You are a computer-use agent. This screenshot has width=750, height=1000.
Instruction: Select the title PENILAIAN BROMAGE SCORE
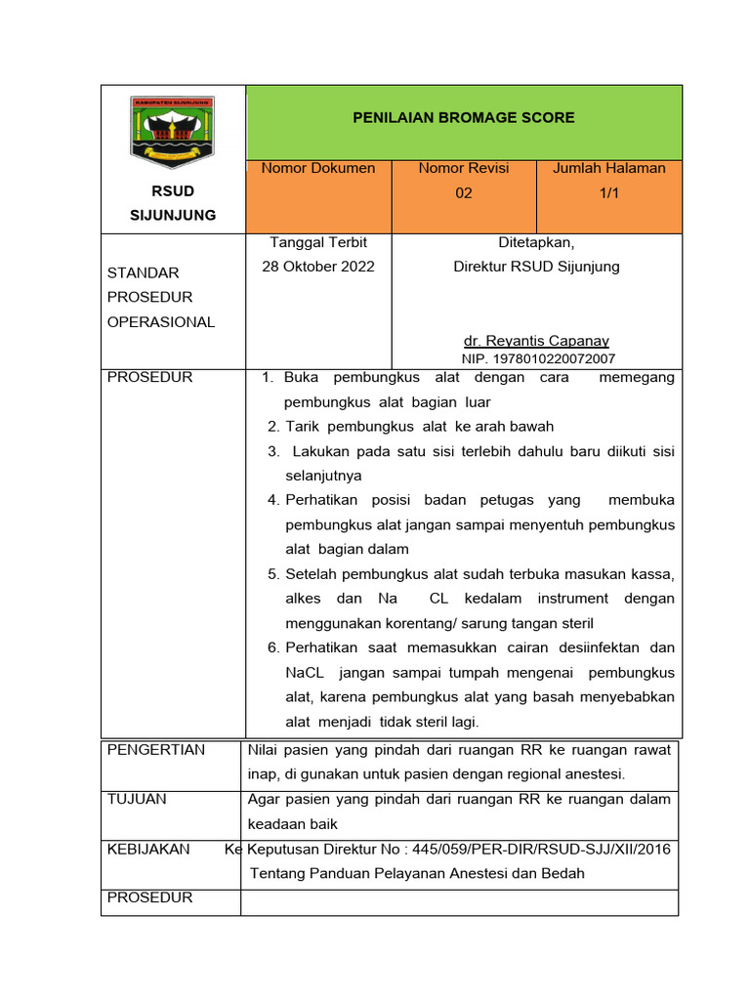pyautogui.click(x=463, y=118)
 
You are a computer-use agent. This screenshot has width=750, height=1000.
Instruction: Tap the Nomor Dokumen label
pyautogui.click(x=317, y=168)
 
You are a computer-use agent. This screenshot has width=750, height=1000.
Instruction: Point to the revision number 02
pyautogui.click(x=464, y=193)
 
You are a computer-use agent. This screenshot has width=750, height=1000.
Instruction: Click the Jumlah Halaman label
pyautogui.click(x=609, y=168)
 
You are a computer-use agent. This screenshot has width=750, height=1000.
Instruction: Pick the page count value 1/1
pyautogui.click(x=609, y=193)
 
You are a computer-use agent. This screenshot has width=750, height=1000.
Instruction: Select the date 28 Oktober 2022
pyautogui.click(x=318, y=267)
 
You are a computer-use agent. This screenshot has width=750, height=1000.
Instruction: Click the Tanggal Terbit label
pyautogui.click(x=318, y=242)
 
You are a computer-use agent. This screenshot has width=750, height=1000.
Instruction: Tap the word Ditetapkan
pyautogui.click(x=536, y=242)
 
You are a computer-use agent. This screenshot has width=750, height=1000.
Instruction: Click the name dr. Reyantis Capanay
pyautogui.click(x=536, y=341)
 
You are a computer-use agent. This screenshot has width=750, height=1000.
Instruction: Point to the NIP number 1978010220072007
pyautogui.click(x=538, y=359)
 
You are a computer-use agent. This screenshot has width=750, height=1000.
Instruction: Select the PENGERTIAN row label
pyautogui.click(x=156, y=750)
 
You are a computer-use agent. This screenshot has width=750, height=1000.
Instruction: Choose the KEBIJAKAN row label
pyautogui.click(x=148, y=850)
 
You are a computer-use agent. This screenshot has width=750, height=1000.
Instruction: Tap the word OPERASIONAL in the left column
pyautogui.click(x=161, y=322)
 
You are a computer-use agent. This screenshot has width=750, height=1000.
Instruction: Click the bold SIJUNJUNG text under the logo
pyautogui.click(x=173, y=215)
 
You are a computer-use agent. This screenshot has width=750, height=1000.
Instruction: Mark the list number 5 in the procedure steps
pyautogui.click(x=273, y=574)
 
